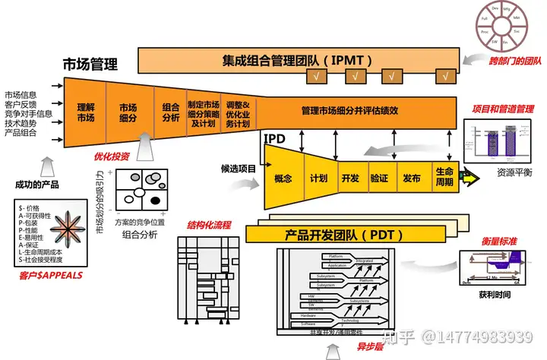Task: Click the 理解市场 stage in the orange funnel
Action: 85,113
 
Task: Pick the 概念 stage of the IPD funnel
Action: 283,179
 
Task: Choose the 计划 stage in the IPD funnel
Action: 318,179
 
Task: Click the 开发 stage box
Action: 350,179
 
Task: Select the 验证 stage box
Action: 380,179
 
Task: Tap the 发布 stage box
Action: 413,179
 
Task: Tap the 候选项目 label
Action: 239,168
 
